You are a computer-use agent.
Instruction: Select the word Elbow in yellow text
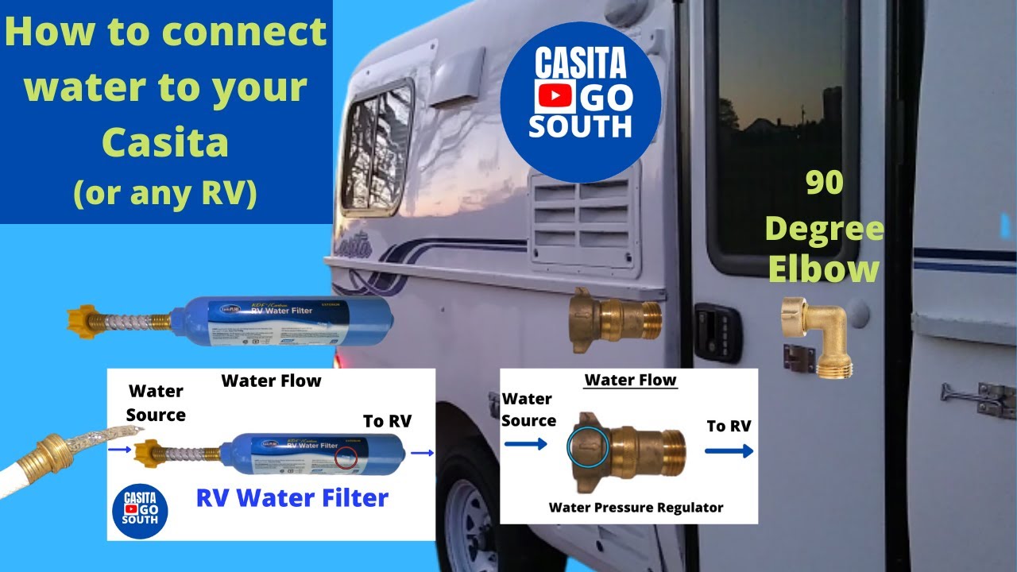click(x=823, y=270)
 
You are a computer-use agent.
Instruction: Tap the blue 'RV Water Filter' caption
click(x=292, y=498)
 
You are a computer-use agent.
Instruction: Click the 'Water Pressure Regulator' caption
click(x=636, y=507)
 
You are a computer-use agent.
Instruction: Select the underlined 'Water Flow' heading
click(x=630, y=381)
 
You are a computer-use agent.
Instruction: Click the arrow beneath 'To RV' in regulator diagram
click(x=729, y=451)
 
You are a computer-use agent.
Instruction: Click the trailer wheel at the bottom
click(x=469, y=524)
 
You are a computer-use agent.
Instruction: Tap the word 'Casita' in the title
click(x=165, y=143)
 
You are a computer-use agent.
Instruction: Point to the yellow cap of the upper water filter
click(x=88, y=319)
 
